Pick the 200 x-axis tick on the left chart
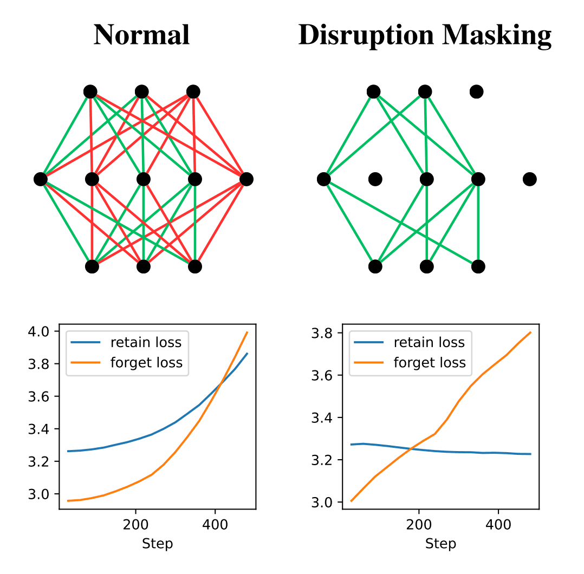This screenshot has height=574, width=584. [x=135, y=525]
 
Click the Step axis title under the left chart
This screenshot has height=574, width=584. [x=157, y=544]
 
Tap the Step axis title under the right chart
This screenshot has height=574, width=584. [x=440, y=544]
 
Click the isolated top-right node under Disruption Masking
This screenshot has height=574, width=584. [x=476, y=92]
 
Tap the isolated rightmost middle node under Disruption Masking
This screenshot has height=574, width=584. [x=529, y=179]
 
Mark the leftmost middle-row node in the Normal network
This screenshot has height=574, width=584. [x=41, y=179]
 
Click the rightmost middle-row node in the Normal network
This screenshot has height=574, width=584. [x=246, y=179]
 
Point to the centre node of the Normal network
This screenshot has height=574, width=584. [x=143, y=179]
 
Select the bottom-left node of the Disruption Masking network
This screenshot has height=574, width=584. [x=375, y=266]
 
